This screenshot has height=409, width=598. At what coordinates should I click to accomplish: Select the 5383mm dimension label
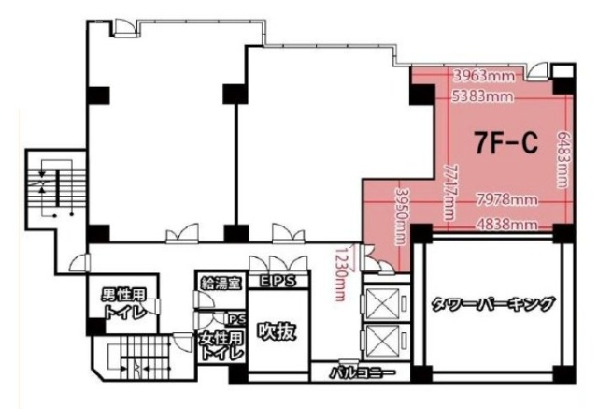point(482,95)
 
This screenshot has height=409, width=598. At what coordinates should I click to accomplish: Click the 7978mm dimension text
point(505,199)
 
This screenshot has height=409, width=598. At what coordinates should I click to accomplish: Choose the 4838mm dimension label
point(505,224)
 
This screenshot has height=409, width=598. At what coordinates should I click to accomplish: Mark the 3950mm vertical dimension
point(399,212)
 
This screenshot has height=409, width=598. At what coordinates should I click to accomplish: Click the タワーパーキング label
point(493,304)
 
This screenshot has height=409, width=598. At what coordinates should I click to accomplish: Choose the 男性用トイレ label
point(122,305)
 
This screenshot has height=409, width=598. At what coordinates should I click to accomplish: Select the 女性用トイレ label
point(221,345)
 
